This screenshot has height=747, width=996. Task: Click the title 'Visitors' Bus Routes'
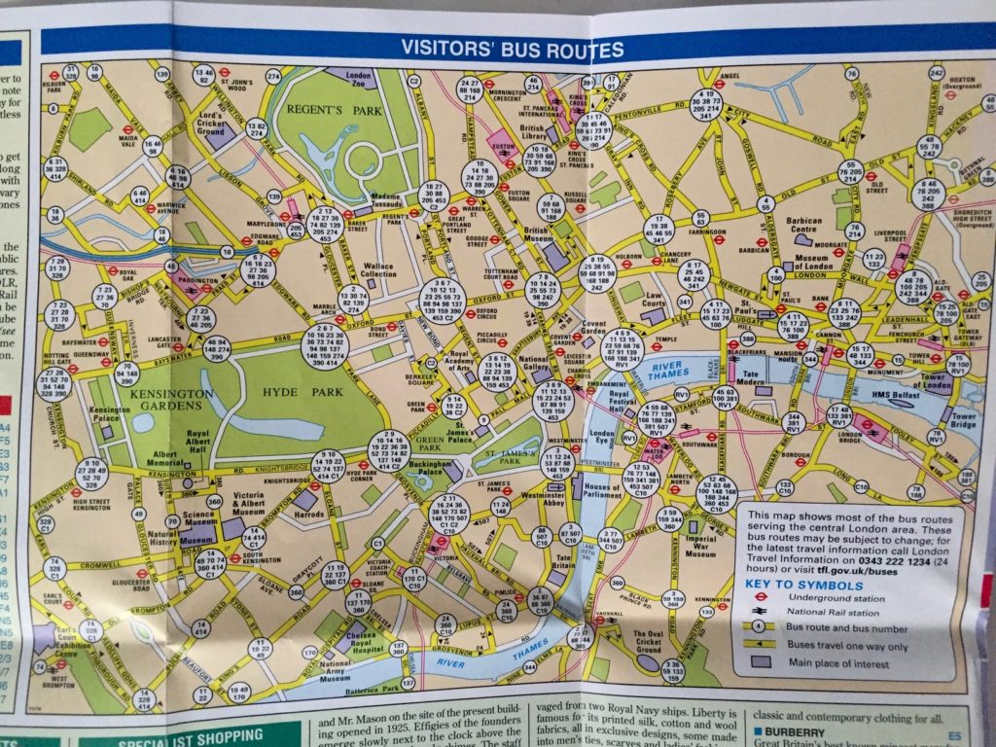click(512, 50)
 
